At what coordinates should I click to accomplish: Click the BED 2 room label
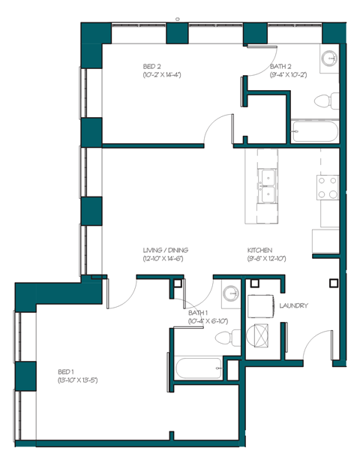pos(151,66)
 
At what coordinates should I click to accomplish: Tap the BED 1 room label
pos(66,371)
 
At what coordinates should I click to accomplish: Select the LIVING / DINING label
pos(165,250)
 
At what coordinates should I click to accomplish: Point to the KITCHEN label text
pos(259,250)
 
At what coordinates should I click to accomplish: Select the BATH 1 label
pos(198,313)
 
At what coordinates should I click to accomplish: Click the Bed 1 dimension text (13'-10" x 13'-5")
pos(78,380)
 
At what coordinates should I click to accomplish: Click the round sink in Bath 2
pos(329,59)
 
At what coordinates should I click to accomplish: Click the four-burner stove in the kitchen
pos(328,188)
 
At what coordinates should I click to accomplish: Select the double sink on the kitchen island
pos(266,186)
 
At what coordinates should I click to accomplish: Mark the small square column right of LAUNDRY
pos(332,283)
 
